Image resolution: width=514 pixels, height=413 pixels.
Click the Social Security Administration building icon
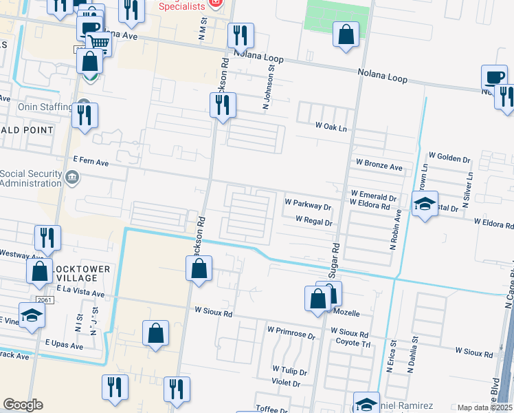[71, 179]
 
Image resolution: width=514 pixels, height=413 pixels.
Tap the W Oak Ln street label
[331, 126]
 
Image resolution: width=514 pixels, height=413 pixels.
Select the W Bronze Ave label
[379, 167]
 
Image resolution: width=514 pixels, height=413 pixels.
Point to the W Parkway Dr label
[308, 204]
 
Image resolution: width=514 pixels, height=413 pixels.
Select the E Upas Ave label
[64, 343]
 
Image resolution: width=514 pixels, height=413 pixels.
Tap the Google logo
[23, 404]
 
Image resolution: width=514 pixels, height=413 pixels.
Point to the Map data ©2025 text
[484, 407]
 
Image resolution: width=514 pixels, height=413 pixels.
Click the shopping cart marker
[100, 43]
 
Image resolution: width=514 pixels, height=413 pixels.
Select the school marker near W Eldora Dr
[425, 204]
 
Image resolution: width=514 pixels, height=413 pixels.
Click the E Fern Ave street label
[91, 160]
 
